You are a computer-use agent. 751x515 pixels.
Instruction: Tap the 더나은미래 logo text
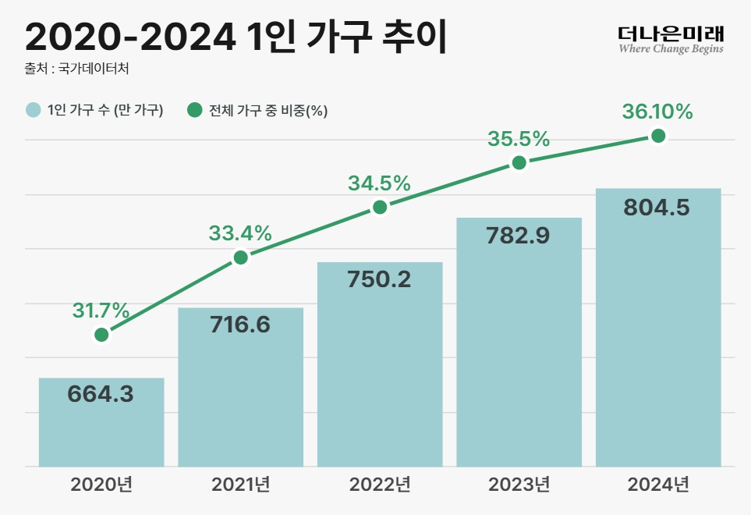tap(671, 33)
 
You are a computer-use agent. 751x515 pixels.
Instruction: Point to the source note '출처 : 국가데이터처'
tap(76, 69)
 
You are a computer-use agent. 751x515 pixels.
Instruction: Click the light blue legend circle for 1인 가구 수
tap(33, 110)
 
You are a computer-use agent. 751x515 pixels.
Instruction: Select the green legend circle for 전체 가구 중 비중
tap(195, 110)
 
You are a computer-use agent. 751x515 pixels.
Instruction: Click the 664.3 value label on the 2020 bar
tap(101, 394)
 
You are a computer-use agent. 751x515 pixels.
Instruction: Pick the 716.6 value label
tap(240, 325)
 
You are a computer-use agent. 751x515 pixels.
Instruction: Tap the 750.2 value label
tap(380, 279)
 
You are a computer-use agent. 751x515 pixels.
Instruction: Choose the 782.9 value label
tap(519, 235)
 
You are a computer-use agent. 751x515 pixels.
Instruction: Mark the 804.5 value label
tap(657, 208)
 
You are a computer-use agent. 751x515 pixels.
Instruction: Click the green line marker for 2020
tap(101, 335)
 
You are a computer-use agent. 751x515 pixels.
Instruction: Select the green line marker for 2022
tap(380, 207)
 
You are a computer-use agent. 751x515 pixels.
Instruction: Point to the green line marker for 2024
tap(658, 136)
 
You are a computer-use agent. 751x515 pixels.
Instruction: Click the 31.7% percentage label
tap(101, 311)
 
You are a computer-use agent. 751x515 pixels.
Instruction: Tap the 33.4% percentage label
tap(240, 233)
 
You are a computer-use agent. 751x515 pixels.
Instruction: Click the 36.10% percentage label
tap(657, 112)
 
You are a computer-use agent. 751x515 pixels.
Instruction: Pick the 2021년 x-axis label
tap(240, 485)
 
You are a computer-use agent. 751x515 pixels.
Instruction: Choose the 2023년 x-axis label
tap(519, 485)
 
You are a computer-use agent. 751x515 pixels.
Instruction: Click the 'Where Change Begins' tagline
tap(671, 49)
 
